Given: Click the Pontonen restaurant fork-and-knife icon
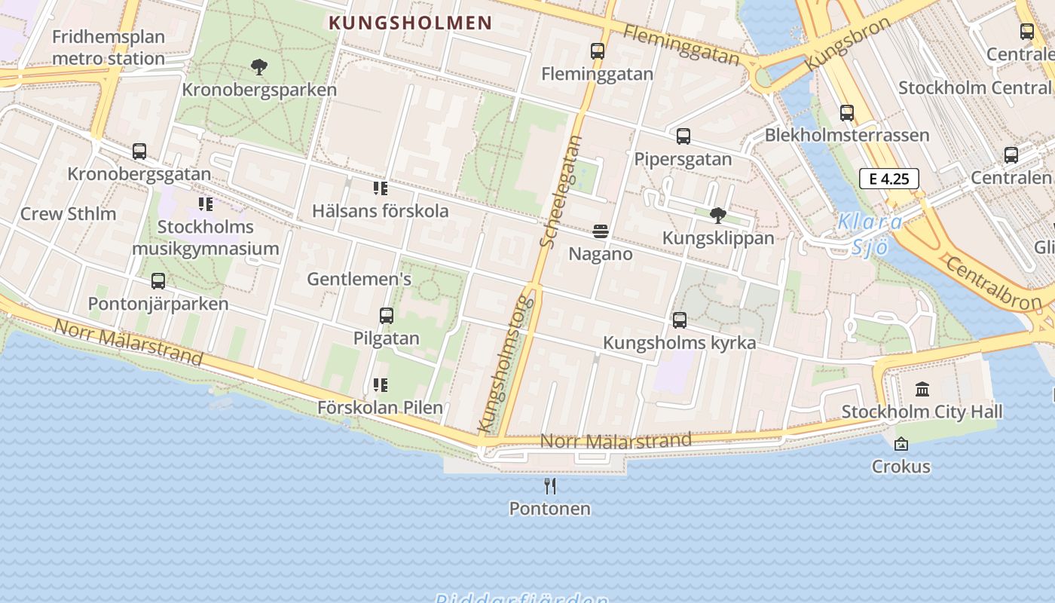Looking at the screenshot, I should click(550, 486).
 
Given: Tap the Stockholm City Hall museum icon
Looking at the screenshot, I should click(922, 390).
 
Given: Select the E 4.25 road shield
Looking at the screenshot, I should click(888, 179).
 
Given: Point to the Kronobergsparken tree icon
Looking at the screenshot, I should click(259, 67).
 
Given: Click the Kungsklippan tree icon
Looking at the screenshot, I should click(717, 216).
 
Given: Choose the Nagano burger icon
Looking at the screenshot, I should click(601, 231).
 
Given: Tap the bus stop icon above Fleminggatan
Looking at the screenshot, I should click(598, 51).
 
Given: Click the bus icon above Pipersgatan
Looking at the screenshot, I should click(683, 136).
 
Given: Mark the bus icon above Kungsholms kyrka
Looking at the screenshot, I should click(679, 320).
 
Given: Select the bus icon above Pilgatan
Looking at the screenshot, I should click(387, 316).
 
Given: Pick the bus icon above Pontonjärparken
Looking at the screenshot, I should click(157, 281).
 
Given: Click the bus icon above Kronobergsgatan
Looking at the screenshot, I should click(139, 152).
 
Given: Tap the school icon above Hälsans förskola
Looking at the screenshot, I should click(381, 188).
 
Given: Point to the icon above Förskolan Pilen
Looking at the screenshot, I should click(381, 385).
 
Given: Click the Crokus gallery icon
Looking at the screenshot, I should click(901, 444).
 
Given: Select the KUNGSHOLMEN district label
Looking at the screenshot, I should click(411, 23).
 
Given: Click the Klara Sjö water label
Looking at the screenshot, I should click(870, 234).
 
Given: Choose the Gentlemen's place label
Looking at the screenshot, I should click(359, 280).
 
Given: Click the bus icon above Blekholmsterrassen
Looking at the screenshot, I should click(847, 113).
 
